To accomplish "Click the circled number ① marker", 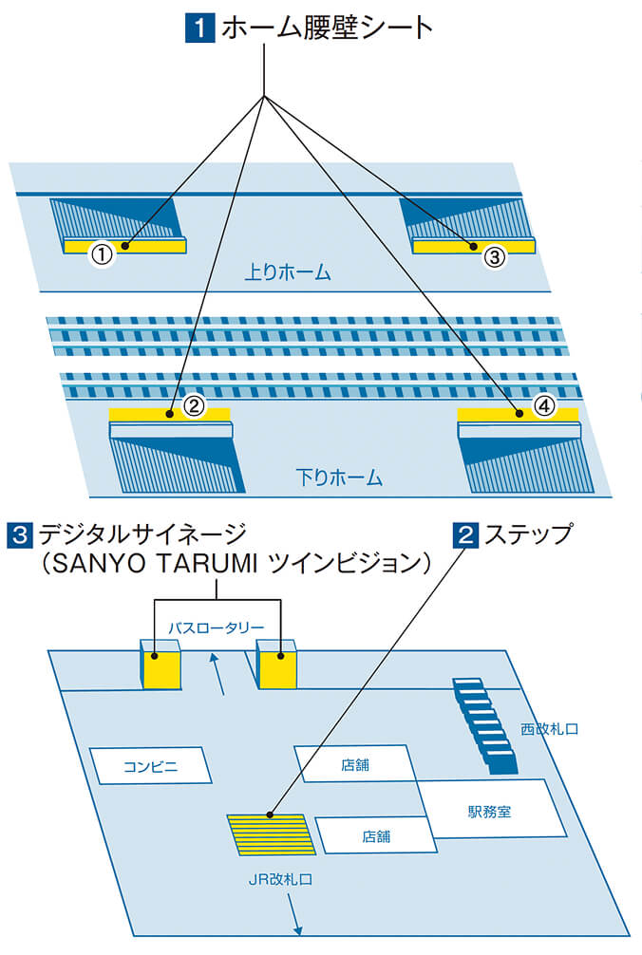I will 102,253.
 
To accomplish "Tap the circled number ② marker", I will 194,406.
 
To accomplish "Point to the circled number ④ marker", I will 543,406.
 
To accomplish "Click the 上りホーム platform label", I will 287,273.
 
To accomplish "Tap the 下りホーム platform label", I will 339,477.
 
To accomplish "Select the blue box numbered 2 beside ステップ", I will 466,535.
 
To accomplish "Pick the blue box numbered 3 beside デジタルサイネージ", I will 19,535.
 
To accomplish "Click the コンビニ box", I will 150,765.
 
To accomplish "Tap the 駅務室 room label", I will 489,812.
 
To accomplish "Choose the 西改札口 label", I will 549,730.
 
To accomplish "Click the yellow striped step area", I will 273,834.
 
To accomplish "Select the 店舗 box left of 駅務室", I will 375,836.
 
